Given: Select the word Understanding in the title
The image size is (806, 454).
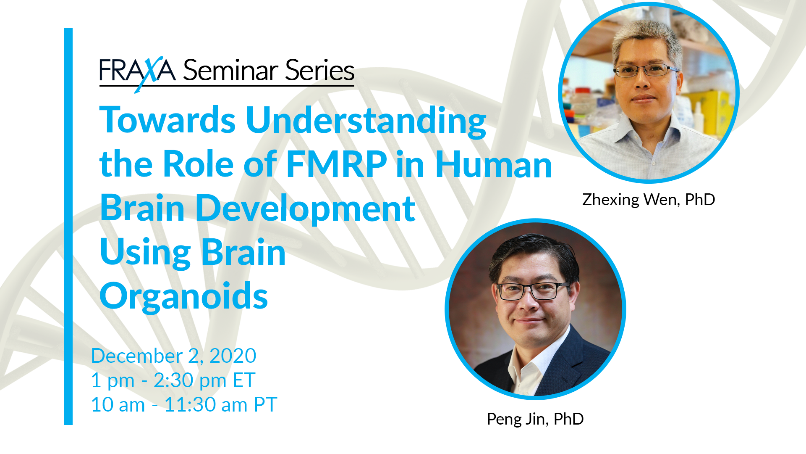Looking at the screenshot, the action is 366,122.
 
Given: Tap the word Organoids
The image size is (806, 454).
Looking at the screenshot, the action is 183,297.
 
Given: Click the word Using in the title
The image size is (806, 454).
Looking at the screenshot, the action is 145,253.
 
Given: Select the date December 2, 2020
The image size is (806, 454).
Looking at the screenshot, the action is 174,356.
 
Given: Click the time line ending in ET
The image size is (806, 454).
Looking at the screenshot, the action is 173,380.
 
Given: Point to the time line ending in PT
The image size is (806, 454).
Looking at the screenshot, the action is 184,405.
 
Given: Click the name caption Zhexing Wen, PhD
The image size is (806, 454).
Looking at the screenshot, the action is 649,200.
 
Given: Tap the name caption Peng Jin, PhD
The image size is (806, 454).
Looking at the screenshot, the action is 535,419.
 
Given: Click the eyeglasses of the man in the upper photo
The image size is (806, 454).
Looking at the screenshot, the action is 645,70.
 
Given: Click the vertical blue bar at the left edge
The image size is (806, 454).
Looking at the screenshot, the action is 68,227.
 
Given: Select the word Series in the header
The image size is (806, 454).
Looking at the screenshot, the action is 320,70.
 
